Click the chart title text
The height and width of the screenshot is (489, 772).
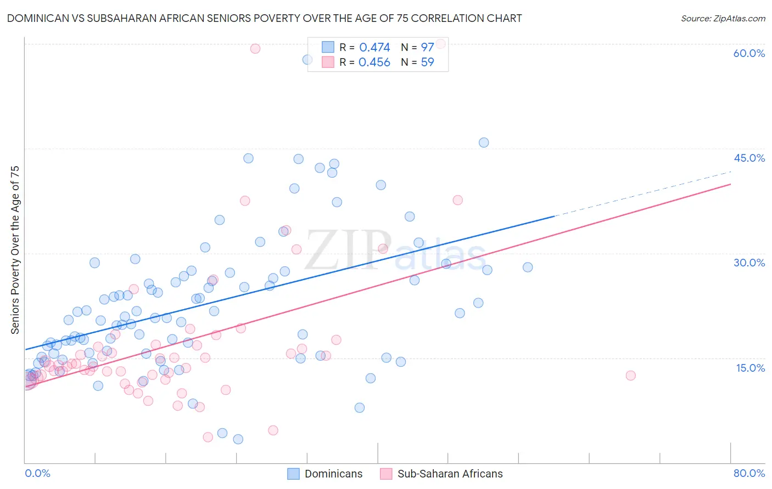tap(264, 18)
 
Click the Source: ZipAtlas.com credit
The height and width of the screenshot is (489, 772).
tap(723, 18)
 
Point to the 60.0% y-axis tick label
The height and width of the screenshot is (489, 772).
tap(749, 53)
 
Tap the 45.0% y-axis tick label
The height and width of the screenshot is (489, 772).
tap(749, 158)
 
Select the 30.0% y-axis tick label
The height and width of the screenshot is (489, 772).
tap(749, 263)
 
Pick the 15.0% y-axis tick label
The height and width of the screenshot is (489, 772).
tap(750, 368)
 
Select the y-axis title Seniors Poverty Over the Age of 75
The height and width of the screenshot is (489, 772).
tap(15, 250)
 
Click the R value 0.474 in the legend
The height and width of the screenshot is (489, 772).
tap(374, 48)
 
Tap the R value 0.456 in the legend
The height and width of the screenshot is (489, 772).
tap(374, 62)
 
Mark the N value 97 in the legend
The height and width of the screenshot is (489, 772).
tap(427, 48)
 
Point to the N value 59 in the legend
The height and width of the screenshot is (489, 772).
tap(427, 62)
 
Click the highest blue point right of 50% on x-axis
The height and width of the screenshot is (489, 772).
tap(484, 143)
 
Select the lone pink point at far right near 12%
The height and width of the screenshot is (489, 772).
tap(630, 376)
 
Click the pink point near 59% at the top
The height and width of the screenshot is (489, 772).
tap(255, 49)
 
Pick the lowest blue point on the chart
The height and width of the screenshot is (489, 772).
tap(238, 439)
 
